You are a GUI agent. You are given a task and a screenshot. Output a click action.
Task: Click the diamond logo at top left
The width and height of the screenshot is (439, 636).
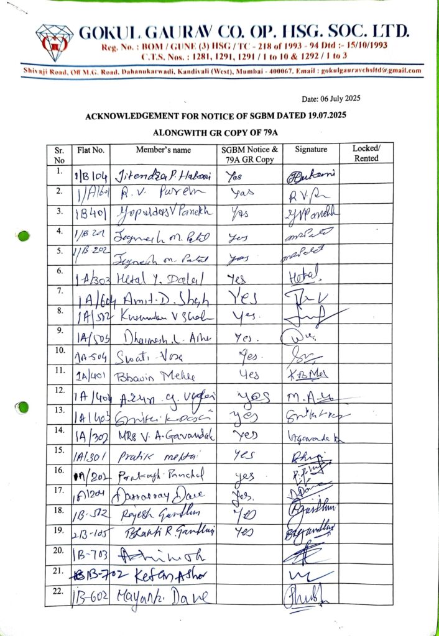[54, 40]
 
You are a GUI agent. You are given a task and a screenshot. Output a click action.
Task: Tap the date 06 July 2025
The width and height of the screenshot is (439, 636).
[331, 99]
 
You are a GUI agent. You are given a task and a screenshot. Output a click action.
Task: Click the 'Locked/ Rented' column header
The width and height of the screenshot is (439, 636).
[366, 153]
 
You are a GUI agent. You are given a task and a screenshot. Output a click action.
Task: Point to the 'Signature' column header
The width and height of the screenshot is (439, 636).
[311, 150]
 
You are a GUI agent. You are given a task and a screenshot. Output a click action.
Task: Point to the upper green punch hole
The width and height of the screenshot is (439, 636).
[23, 236]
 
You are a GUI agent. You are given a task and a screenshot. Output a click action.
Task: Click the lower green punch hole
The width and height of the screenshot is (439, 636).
[23, 407]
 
